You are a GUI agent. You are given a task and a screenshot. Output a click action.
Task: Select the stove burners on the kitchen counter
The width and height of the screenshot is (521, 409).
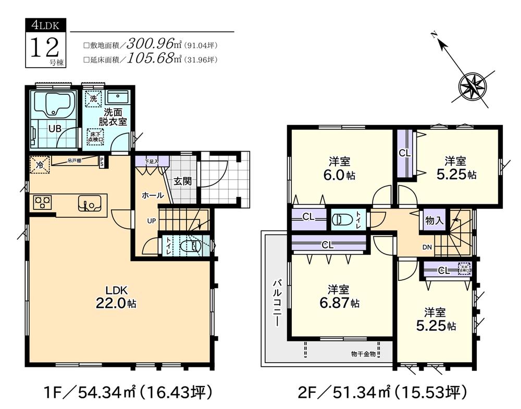(x=41, y=202)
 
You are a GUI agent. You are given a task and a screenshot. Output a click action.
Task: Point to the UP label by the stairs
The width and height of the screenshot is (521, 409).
(x=151, y=220)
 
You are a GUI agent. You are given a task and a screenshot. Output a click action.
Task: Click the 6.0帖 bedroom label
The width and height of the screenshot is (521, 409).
(x=342, y=168)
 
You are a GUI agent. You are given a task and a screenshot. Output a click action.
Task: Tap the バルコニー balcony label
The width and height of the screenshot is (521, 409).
(x=277, y=302)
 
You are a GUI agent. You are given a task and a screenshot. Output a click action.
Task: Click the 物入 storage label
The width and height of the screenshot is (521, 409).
(x=434, y=221)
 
